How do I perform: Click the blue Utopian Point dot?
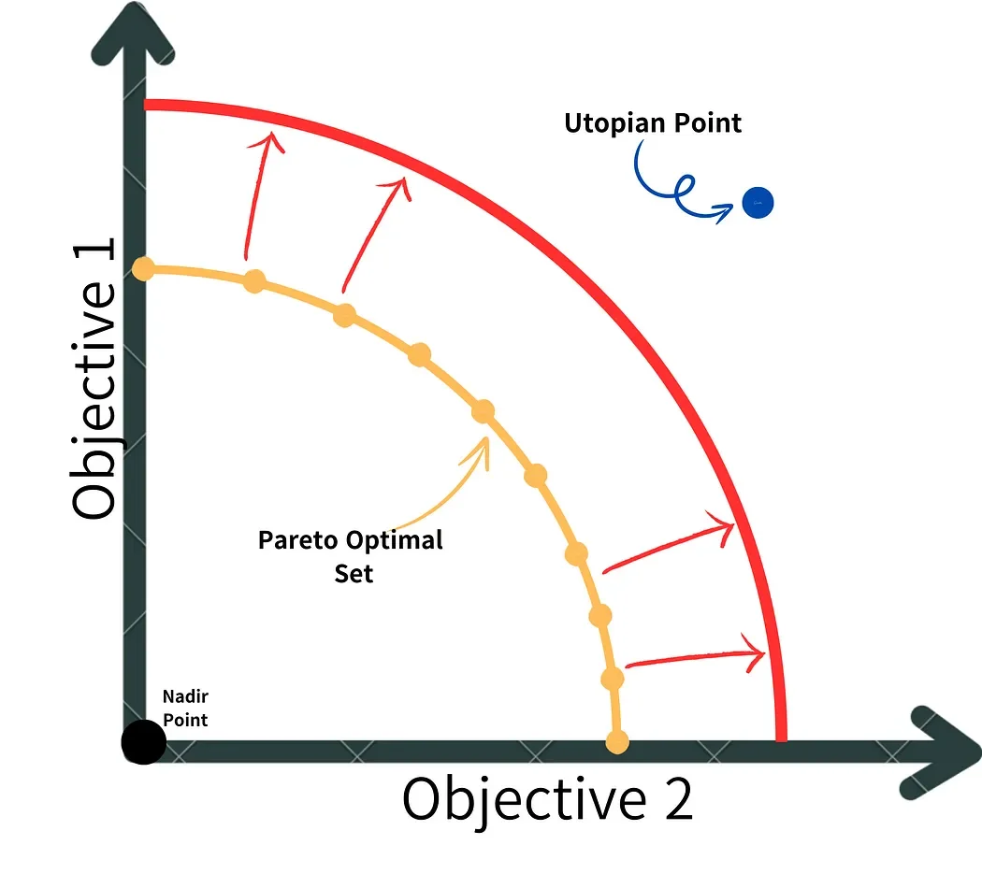point(758,203)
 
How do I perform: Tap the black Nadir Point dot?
point(144,743)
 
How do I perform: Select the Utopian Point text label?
point(653,122)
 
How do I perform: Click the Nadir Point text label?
point(185,708)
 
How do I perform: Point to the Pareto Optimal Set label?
point(351,556)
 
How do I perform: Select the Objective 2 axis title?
point(548,799)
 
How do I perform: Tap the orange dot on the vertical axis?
point(143,269)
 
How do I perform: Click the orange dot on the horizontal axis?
point(617,742)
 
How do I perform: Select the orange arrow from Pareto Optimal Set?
point(449,486)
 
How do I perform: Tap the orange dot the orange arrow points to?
point(483,411)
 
